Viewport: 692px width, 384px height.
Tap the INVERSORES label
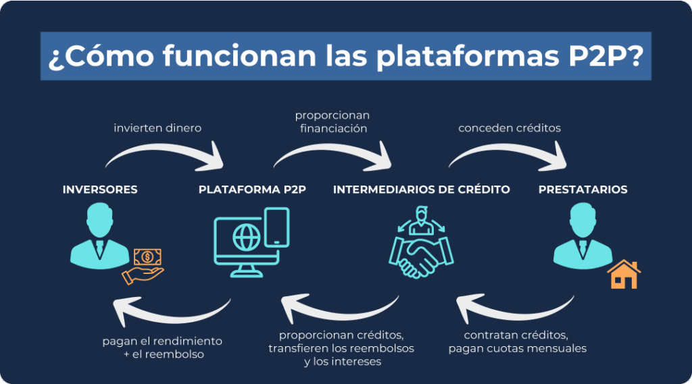tap(100, 190)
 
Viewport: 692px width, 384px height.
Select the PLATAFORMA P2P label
tap(252, 190)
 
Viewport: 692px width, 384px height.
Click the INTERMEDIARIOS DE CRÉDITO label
tap(421, 190)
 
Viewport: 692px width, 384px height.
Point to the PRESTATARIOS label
tap(583, 190)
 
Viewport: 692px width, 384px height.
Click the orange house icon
tap(623, 273)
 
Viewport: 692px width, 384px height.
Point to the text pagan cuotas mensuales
tap(517, 349)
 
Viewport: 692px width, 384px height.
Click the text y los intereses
tap(342, 362)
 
